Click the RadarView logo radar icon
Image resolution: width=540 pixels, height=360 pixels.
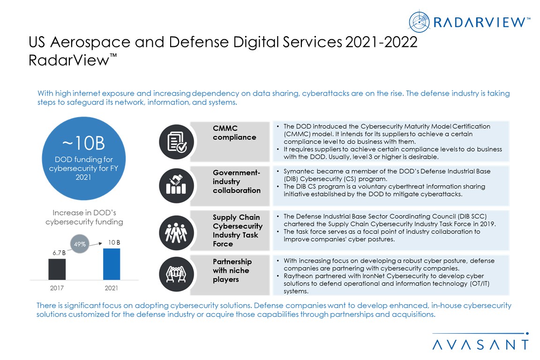pos(420,22)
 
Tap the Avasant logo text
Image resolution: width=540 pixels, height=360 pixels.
pos(480,345)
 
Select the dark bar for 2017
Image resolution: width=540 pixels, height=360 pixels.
pos(57,269)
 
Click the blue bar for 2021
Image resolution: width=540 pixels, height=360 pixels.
pos(112,264)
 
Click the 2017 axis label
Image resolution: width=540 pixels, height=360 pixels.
pos(57,287)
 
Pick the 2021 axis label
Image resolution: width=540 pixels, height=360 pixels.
pos(112,287)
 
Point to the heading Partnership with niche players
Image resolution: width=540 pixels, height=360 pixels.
pos(232,270)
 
